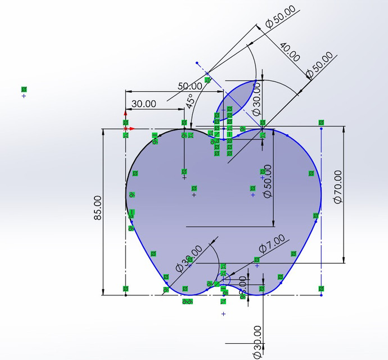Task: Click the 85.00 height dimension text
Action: [98, 208]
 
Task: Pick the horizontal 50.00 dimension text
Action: [190, 86]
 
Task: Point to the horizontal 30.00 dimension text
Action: [143, 103]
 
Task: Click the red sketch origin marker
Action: [125, 129]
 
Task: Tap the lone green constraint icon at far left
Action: [24, 89]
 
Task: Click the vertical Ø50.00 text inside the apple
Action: [267, 181]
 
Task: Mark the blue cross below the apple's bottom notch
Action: [223, 314]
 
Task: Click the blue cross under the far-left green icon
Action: [24, 96]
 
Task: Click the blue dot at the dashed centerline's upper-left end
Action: [197, 63]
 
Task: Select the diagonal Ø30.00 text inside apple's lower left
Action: [188, 259]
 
